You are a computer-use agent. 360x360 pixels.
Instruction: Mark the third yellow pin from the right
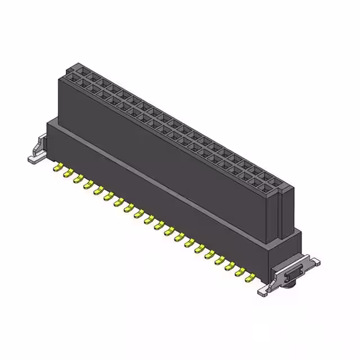(x=230, y=265)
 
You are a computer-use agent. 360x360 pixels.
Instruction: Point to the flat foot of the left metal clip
(x=34, y=159)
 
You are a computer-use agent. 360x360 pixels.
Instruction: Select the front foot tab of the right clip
(x=265, y=291)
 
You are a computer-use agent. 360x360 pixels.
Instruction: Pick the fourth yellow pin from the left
(x=88, y=183)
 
